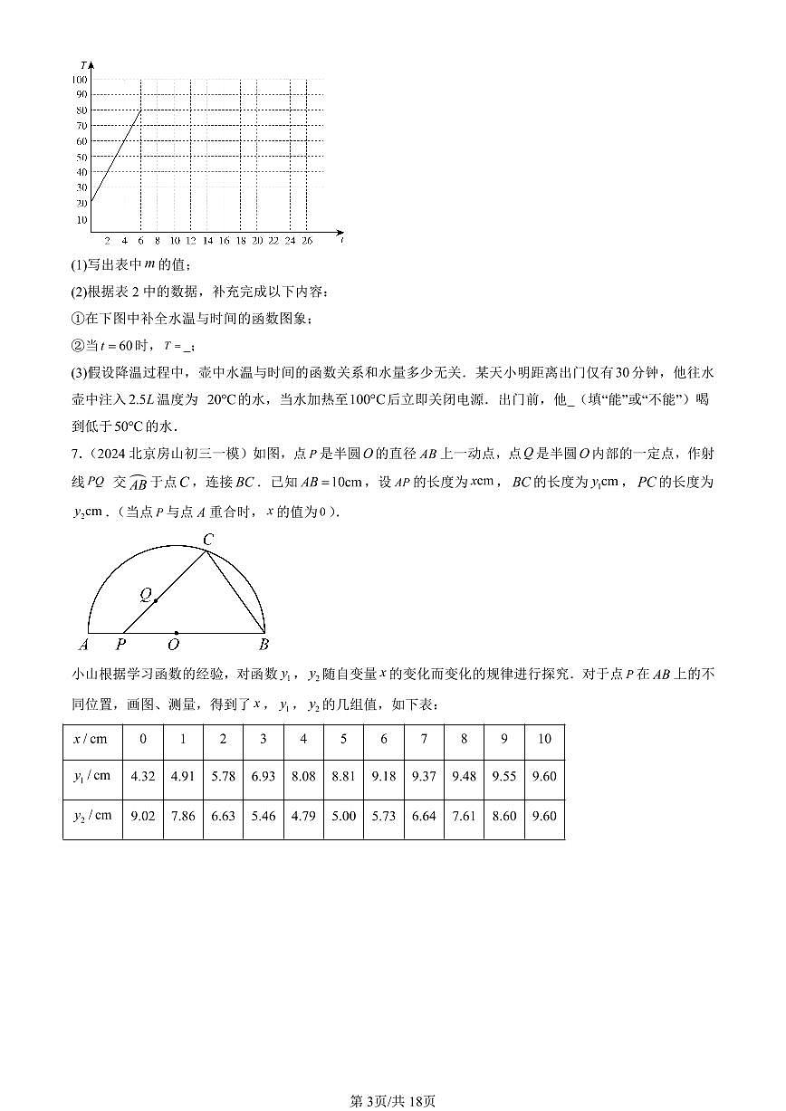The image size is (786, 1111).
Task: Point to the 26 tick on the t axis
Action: click(x=307, y=241)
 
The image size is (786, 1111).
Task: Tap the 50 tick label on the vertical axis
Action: click(x=82, y=157)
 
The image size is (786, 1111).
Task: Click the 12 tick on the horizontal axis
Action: click(x=190, y=241)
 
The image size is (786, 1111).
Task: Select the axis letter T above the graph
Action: click(x=82, y=66)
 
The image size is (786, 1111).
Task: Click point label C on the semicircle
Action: click(x=208, y=541)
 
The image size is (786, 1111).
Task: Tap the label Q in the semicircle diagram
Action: click(x=145, y=595)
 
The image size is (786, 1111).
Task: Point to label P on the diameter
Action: click(x=120, y=645)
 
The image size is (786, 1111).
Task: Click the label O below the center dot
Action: click(x=173, y=645)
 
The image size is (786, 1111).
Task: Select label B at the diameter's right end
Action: click(x=264, y=645)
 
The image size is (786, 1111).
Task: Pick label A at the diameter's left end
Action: click(x=84, y=645)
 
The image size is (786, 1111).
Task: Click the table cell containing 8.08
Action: click(x=303, y=777)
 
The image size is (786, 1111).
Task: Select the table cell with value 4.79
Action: click(x=303, y=816)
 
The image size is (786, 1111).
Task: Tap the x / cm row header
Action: click(x=90, y=739)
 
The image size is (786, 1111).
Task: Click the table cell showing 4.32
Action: click(x=143, y=777)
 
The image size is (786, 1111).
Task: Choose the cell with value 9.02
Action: click(x=143, y=816)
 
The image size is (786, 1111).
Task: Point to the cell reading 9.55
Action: click(x=503, y=777)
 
